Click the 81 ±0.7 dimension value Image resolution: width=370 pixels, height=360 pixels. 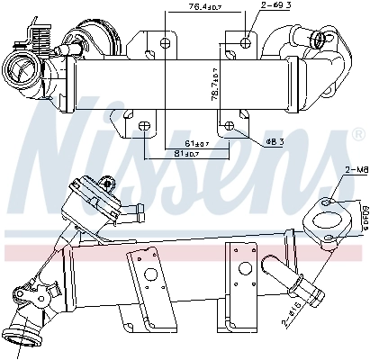(186, 154)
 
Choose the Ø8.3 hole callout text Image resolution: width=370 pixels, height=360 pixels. (275, 141)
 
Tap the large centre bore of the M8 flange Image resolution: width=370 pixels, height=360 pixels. (323, 216)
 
